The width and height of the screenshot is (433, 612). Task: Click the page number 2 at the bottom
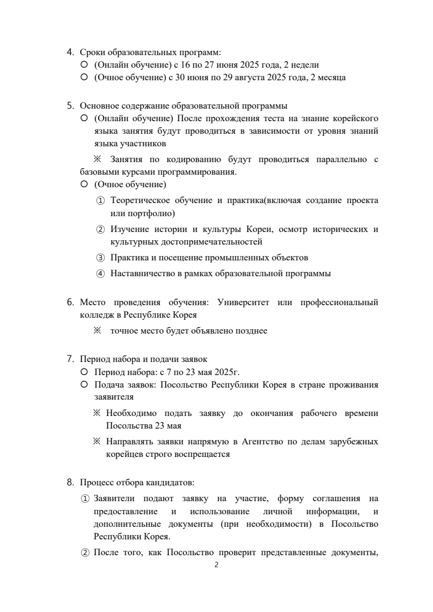pyautogui.click(x=216, y=565)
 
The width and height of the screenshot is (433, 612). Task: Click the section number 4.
pyautogui.click(x=70, y=52)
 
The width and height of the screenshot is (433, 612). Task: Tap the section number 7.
pyautogui.click(x=70, y=359)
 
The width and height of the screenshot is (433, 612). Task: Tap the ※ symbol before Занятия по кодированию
pyautogui.click(x=98, y=159)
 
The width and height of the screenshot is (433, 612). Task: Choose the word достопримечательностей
pyautogui.click(x=186, y=241)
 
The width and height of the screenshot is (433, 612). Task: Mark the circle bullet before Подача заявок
pyautogui.click(x=84, y=384)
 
